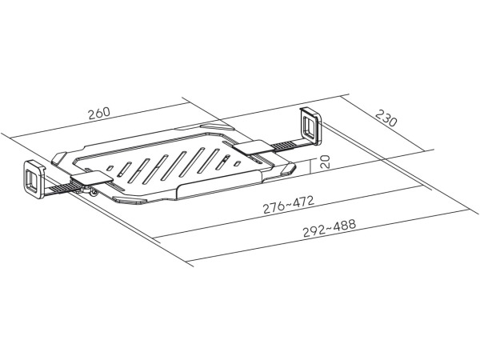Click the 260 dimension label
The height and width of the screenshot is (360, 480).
(99, 113)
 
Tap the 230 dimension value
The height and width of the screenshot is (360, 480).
(386, 118)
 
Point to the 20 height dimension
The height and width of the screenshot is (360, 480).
(326, 162)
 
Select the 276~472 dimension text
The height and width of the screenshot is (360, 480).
(288, 205)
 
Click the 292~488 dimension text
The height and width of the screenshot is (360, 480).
(330, 228)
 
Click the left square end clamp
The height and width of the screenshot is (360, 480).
(34, 179)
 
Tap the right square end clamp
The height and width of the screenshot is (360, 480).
(310, 126)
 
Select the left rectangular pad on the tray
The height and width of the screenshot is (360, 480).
(92, 178)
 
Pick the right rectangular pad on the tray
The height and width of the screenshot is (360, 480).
(253, 147)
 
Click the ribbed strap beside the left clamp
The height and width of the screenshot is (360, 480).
(59, 188)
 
